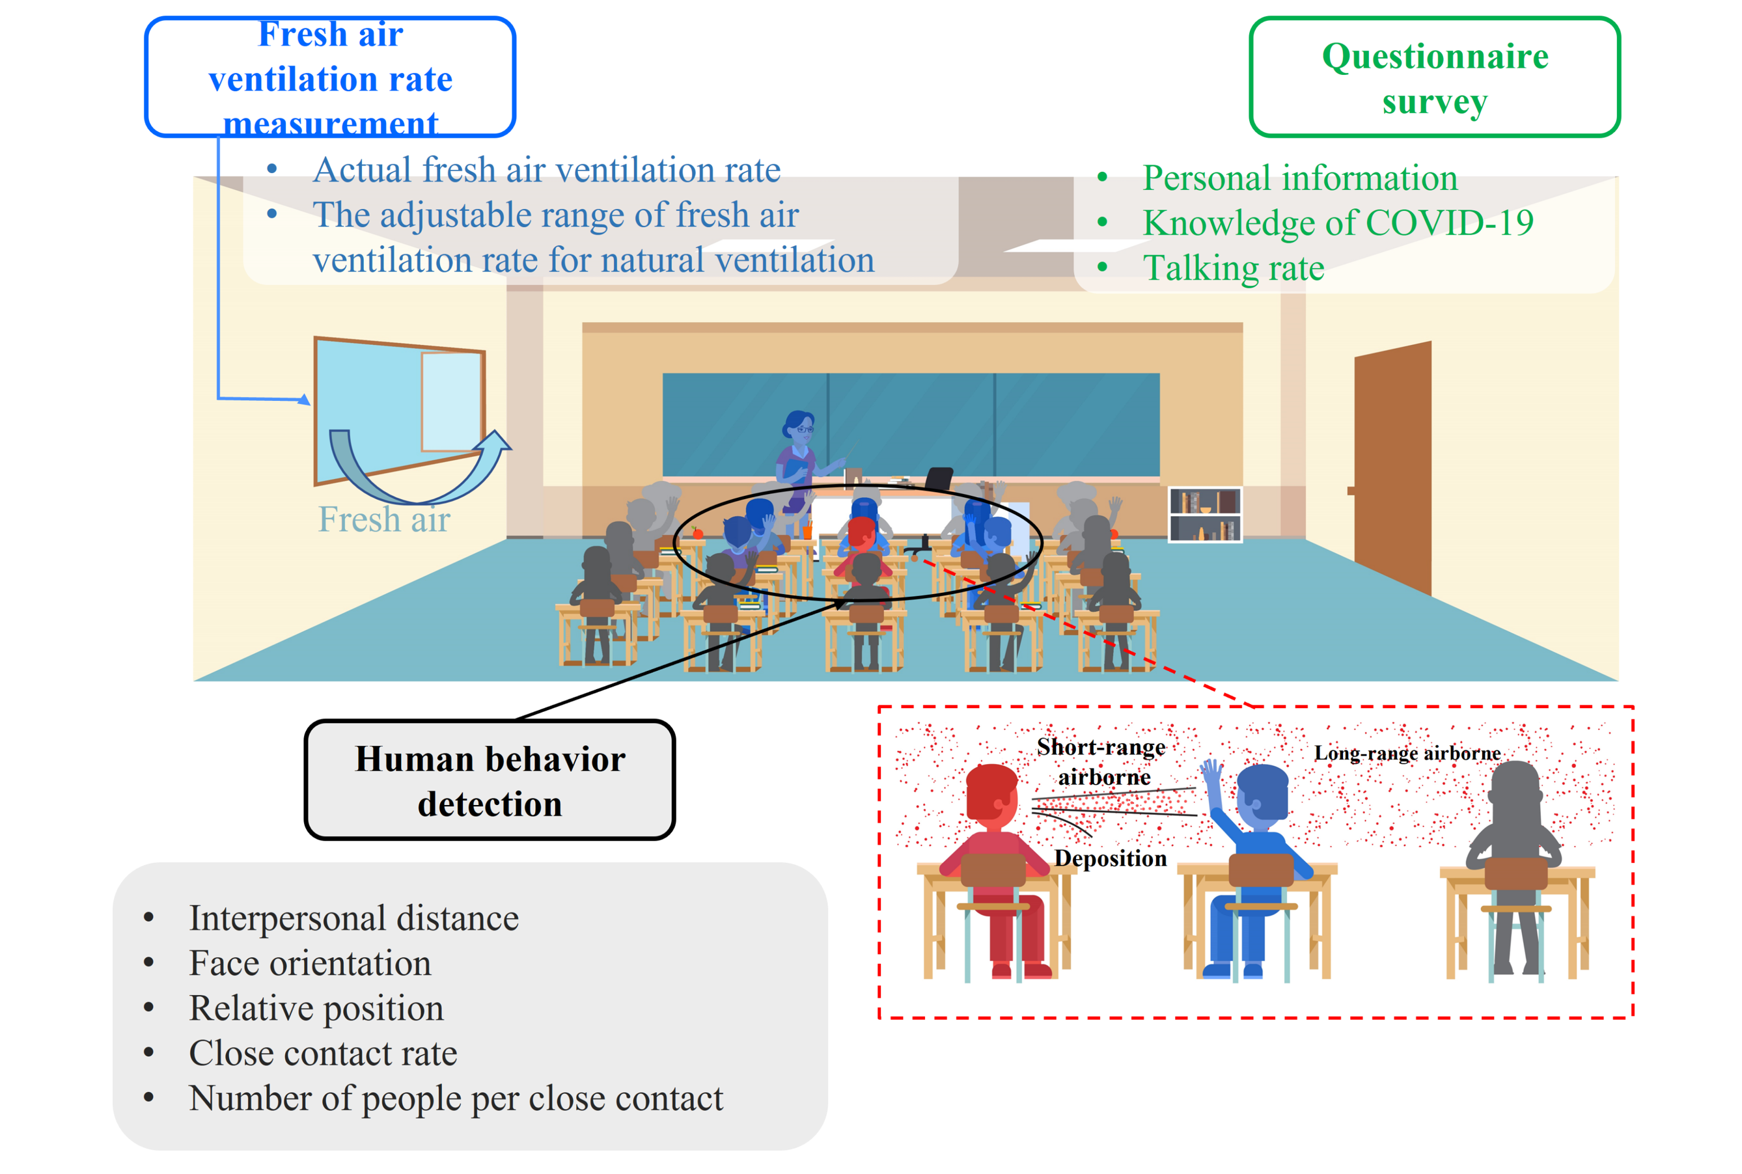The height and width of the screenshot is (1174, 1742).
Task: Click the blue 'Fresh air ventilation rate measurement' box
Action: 329,77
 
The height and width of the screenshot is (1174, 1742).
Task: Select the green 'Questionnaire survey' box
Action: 1433,77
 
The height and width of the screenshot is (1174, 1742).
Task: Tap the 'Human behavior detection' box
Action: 489,780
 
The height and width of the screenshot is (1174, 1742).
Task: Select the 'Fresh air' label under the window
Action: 383,519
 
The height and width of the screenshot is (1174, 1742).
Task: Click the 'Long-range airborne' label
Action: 1407,753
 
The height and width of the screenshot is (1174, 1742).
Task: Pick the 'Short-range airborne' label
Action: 1101,761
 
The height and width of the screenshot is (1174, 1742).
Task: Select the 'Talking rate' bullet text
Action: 1233,268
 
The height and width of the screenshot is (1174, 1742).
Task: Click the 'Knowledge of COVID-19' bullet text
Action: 1338,223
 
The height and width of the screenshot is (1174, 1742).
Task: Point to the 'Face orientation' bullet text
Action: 310,963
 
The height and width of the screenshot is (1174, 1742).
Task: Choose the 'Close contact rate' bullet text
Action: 323,1053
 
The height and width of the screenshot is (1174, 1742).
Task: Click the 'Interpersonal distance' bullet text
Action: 353,918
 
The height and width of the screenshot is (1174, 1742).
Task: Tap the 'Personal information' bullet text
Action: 1299,178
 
